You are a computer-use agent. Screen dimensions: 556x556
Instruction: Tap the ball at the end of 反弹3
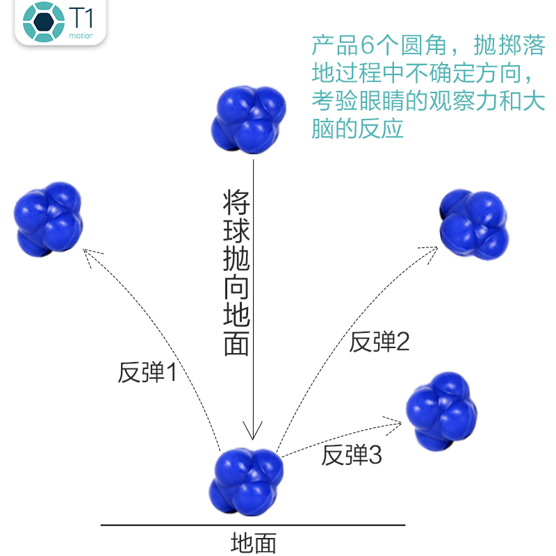[442, 410]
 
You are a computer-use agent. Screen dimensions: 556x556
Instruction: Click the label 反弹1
[147, 373]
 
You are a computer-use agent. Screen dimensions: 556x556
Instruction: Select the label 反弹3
[352, 455]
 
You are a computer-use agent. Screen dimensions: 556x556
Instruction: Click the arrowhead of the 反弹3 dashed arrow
[399, 420]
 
